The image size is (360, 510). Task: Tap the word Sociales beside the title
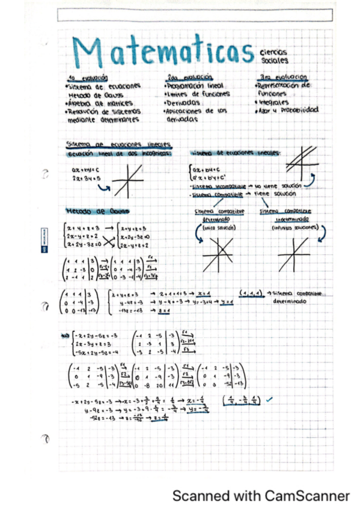274,61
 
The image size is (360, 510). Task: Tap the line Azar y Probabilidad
287,111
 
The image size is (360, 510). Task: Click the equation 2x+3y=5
84,179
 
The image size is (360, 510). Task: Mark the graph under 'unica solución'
218,254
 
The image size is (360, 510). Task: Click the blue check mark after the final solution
268,398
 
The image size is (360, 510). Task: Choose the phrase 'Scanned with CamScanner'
261,496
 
